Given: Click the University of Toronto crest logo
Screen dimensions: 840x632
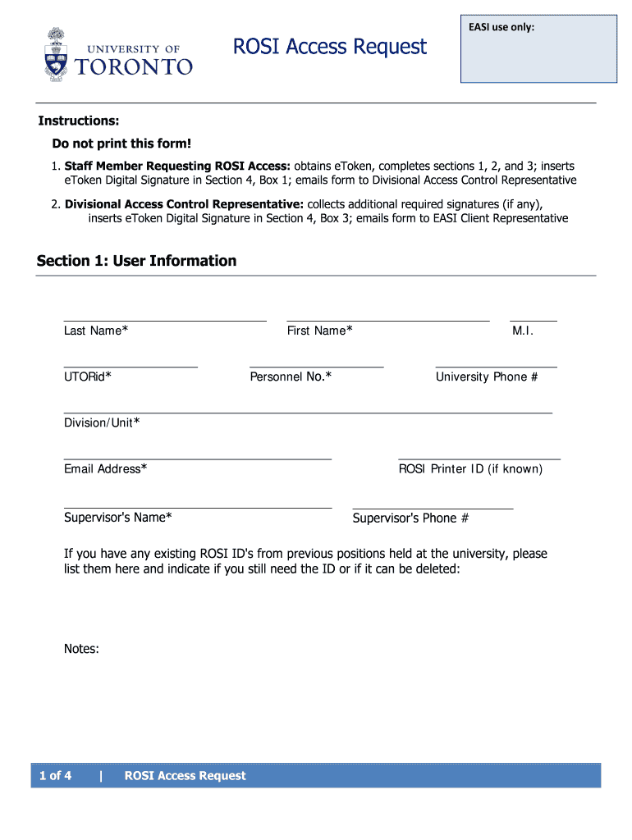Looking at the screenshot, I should click(x=56, y=53).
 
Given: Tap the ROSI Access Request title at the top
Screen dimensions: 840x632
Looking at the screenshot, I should click(x=330, y=47).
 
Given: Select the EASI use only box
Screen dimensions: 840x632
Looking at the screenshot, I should click(x=538, y=49).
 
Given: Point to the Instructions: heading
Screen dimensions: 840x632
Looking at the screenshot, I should click(x=79, y=121).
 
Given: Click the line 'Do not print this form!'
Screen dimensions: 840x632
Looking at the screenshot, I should click(x=121, y=144).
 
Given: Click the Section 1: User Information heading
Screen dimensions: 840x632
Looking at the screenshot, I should click(x=136, y=261).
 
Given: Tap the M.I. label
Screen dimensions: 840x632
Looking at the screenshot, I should click(x=523, y=331).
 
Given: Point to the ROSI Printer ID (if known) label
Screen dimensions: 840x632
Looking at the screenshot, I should click(x=470, y=469).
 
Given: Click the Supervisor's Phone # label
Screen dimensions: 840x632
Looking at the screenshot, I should click(x=410, y=518).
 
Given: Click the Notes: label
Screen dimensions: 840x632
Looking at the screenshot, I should click(x=81, y=649).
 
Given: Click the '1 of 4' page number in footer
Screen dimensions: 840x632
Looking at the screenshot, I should click(x=55, y=776).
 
